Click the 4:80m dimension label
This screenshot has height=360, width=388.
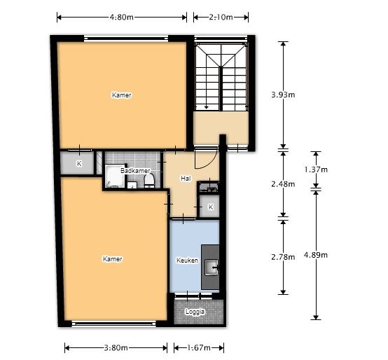[121, 17]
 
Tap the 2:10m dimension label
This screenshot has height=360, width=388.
[221, 17]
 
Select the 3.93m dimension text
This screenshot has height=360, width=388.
[283, 95]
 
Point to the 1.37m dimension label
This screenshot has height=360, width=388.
[316, 169]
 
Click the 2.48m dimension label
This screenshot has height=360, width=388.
[283, 184]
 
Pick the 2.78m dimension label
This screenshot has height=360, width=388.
[283, 257]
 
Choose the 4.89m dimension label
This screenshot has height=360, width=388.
[316, 255]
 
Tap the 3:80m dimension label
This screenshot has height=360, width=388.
[116, 348]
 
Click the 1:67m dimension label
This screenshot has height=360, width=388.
[199, 348]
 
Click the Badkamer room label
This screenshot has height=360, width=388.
[135, 171]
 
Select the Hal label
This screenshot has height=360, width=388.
[186, 178]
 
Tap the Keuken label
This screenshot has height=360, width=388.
[187, 261]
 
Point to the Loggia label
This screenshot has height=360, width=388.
[195, 312]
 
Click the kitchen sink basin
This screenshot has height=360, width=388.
[212, 268]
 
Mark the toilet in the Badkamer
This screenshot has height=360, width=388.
[149, 181]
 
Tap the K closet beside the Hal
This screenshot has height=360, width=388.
[209, 207]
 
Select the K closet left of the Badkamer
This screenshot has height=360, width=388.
[77, 163]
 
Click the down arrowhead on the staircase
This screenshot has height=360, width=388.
[206, 107]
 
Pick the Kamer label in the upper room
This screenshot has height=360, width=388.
[121, 95]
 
